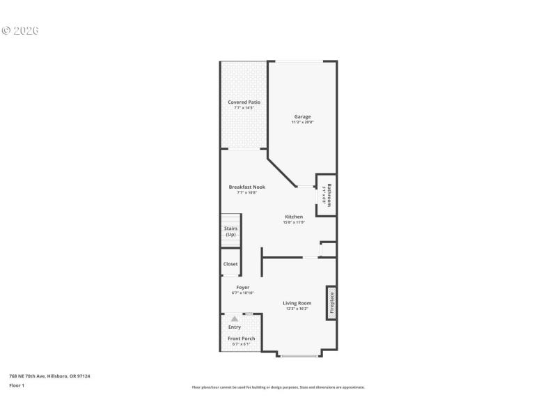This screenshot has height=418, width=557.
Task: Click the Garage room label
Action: (x=302, y=116)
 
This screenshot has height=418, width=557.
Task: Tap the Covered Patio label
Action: (x=244, y=102)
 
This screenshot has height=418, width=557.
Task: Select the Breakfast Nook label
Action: (x=247, y=187)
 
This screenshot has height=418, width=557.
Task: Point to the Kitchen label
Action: (x=293, y=217)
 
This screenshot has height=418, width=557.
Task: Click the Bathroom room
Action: (x=327, y=194)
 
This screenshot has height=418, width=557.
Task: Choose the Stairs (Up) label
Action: (x=230, y=231)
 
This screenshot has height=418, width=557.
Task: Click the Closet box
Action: (x=230, y=264)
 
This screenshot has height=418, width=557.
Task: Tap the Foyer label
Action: (x=242, y=287)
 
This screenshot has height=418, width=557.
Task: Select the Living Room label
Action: (x=297, y=302)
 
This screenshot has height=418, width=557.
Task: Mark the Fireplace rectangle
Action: (x=331, y=302)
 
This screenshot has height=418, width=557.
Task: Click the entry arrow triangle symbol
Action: (x=235, y=318)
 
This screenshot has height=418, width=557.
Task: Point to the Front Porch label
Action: (x=242, y=339)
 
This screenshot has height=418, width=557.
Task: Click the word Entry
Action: (x=235, y=327)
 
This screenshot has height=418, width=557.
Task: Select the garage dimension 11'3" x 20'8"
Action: (x=302, y=123)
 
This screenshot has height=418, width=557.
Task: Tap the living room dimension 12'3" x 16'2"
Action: (x=297, y=309)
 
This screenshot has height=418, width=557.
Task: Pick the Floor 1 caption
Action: (x=17, y=385)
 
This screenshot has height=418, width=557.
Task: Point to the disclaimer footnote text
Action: (x=278, y=387)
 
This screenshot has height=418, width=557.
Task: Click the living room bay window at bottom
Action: (x=301, y=356)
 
